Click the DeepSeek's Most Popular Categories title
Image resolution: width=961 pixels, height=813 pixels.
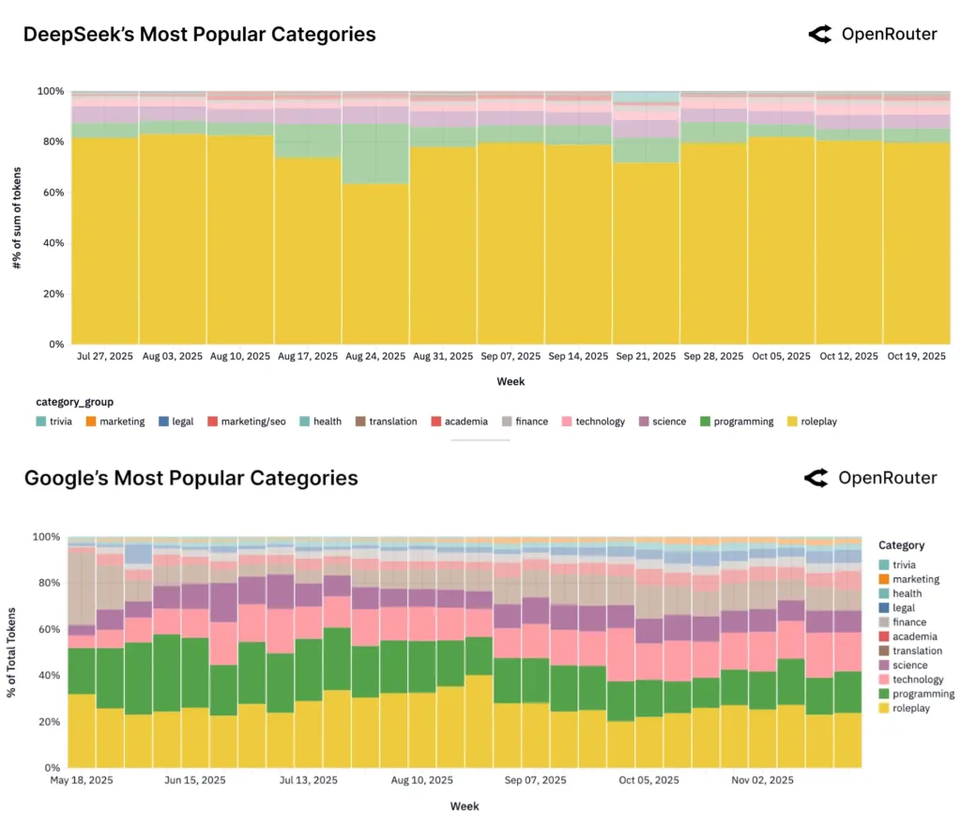click(199, 35)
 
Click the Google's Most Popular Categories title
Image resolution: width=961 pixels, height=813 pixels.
click(191, 478)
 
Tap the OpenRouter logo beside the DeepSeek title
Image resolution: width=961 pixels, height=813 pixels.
click(872, 35)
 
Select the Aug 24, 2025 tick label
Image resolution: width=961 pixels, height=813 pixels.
click(375, 357)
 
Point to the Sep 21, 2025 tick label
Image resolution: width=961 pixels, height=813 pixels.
click(646, 357)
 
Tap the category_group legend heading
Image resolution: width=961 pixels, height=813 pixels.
click(75, 401)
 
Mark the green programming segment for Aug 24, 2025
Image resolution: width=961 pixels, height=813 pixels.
click(375, 153)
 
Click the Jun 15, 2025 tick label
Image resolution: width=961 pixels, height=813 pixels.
click(195, 780)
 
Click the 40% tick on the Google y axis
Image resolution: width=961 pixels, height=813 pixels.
click(47, 675)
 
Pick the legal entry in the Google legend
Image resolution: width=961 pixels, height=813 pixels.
click(908, 607)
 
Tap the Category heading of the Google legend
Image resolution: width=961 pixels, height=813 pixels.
click(901, 545)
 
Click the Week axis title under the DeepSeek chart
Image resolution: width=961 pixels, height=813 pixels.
click(511, 381)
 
